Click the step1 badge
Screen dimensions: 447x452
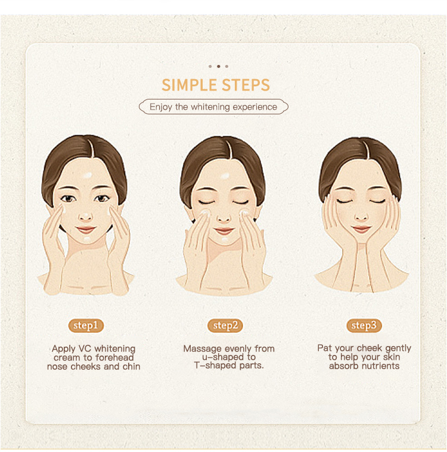click(x=86, y=326)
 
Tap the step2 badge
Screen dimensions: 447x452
click(x=225, y=326)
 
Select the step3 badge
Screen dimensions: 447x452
click(x=364, y=326)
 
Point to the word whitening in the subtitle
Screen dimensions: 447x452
click(x=210, y=107)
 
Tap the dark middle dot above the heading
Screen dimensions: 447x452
click(x=219, y=66)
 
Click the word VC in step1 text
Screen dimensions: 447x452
click(x=85, y=348)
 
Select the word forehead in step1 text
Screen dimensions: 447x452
click(x=114, y=357)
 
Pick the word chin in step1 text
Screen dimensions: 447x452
click(x=131, y=366)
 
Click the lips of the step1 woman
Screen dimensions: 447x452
click(x=86, y=230)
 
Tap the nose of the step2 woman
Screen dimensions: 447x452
click(x=223, y=217)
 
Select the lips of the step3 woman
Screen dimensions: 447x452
click(x=361, y=229)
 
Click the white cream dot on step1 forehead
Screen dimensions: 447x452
click(x=88, y=175)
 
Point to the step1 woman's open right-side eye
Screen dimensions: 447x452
click(x=101, y=198)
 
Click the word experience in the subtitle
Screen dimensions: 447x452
click(x=255, y=107)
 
